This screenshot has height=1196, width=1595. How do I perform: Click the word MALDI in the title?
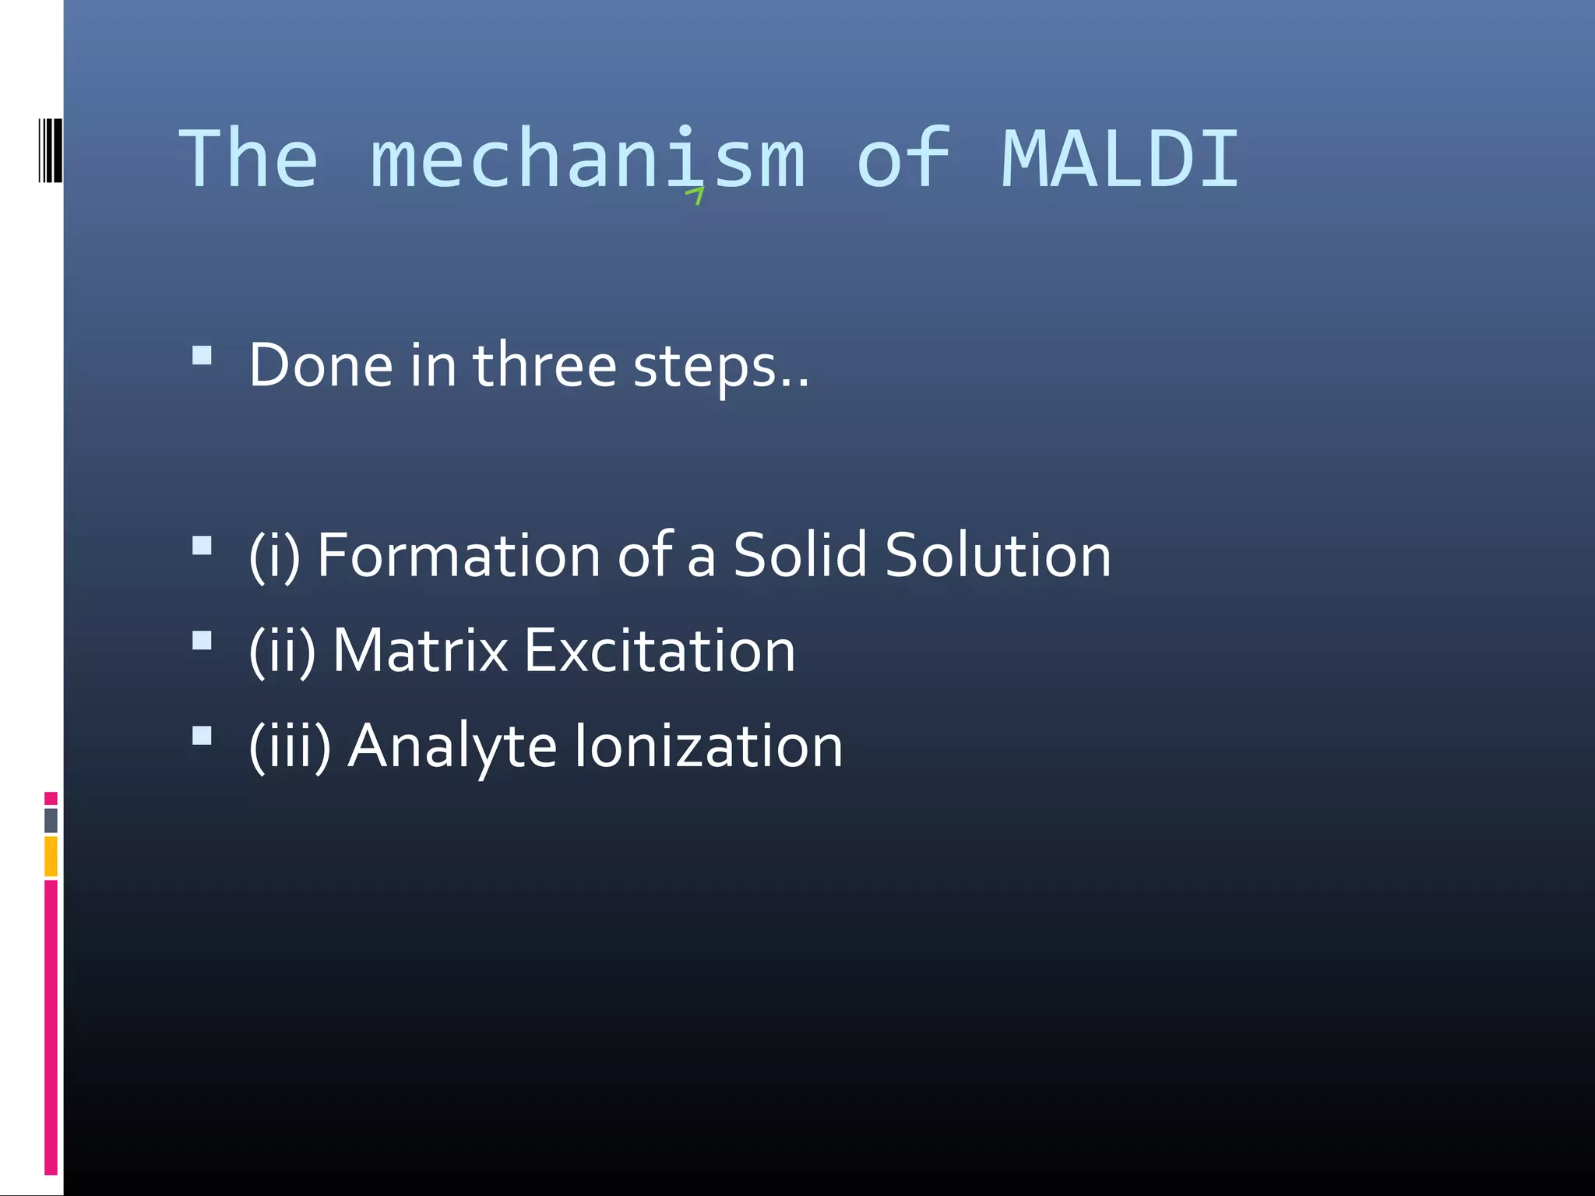pos(1119,160)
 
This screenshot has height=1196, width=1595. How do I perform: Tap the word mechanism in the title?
pos(588,160)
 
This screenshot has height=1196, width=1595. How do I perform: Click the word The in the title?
pos(248,160)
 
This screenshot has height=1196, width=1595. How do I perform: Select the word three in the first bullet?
pos(544,365)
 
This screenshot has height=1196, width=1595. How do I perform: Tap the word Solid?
pos(800,555)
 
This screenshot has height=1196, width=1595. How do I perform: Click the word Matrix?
pos(420,651)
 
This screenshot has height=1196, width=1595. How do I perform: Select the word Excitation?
pos(659,651)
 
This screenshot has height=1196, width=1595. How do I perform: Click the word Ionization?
pos(708,746)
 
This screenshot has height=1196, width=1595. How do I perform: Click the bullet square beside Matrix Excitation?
pos(202,641)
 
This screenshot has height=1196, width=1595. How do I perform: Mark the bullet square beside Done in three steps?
pos(202,356)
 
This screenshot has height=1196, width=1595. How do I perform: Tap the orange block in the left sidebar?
pos(51,856)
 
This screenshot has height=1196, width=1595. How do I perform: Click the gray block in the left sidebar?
pos(51,820)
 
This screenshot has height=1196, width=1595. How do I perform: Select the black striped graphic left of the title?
pos(50,150)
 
